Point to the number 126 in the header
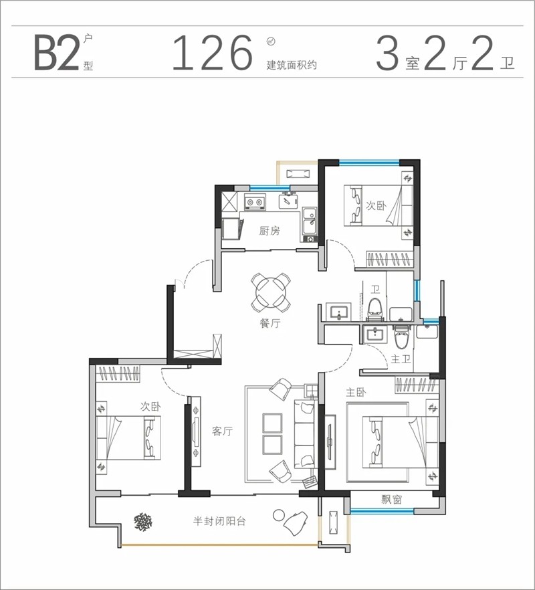(x=213, y=53)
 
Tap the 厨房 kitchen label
(x=270, y=230)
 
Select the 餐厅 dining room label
(x=270, y=323)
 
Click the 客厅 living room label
(x=222, y=431)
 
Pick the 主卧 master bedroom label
(x=356, y=393)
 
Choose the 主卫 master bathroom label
(x=401, y=359)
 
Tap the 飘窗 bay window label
(x=391, y=499)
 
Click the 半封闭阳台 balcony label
(x=219, y=521)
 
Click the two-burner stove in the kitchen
(x=254, y=202)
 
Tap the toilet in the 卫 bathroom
(x=374, y=310)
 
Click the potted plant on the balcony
(x=143, y=522)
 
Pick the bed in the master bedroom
(x=400, y=441)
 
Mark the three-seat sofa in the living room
(x=304, y=434)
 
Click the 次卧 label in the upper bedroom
(x=376, y=205)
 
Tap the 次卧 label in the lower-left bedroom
(x=150, y=407)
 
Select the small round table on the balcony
(x=278, y=516)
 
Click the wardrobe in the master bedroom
(x=416, y=385)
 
